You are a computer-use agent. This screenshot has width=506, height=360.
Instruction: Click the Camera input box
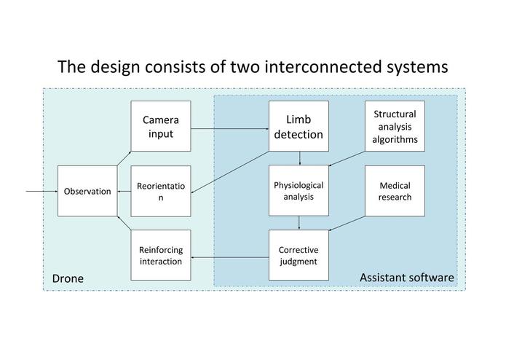pos(161,126)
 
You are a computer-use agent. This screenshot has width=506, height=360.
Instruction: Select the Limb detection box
pos(299,126)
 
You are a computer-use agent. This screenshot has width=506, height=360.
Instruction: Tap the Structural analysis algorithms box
pos(395,126)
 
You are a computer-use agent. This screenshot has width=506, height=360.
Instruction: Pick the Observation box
pos(87,191)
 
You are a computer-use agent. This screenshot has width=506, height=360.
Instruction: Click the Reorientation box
pos(161,191)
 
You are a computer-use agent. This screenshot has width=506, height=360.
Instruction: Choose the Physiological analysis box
pos(299,190)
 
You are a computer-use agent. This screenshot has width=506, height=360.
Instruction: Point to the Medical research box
pos(395,190)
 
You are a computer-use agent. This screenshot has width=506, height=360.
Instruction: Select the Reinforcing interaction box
pos(161,255)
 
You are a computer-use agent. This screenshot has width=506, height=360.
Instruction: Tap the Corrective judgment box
pos(299,255)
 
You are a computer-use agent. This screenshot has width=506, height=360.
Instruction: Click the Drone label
pos(68,278)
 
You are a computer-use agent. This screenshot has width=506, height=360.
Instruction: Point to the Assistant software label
pos(407,278)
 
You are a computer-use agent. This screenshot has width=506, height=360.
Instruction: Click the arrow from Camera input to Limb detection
pos(230,129)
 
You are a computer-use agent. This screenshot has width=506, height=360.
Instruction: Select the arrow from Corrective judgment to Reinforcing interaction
pos(230,257)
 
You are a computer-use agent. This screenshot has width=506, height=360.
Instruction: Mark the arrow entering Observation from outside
pos(41,191)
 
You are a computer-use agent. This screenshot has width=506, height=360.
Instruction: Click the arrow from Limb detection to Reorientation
pos(230,173)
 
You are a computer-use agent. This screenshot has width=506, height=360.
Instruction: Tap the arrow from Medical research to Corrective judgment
pos(347,223)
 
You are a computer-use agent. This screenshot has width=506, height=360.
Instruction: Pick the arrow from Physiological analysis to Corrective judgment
pos(299,223)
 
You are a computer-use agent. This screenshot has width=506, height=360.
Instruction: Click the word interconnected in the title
pos(322,67)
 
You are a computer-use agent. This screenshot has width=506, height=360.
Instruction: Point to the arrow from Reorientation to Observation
pos(124,192)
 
